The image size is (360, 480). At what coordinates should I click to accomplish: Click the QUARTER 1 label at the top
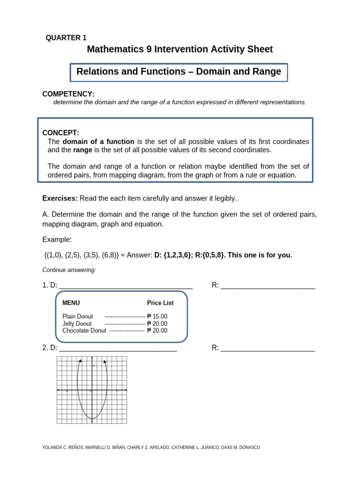[66, 38]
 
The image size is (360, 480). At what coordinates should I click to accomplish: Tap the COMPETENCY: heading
[68, 94]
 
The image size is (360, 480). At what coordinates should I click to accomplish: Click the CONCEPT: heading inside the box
[61, 133]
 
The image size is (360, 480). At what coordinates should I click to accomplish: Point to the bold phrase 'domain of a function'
[98, 142]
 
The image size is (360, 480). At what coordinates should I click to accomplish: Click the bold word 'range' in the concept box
[83, 150]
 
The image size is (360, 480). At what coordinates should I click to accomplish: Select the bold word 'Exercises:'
[60, 198]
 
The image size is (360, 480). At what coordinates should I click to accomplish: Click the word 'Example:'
[57, 240]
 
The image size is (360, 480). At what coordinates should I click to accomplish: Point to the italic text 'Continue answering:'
[69, 270]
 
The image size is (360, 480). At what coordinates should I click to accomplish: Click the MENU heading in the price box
[71, 303]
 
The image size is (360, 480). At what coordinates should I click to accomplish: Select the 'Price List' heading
[160, 303]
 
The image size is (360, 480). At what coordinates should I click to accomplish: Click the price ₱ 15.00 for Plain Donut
[157, 316]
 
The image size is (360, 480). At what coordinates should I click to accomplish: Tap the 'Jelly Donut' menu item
[77, 323]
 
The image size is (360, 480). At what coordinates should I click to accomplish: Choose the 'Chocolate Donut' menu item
[84, 330]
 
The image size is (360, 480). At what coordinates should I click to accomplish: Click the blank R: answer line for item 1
[268, 285]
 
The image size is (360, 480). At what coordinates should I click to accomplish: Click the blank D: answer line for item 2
[118, 348]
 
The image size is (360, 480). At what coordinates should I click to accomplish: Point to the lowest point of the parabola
[92, 418]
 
